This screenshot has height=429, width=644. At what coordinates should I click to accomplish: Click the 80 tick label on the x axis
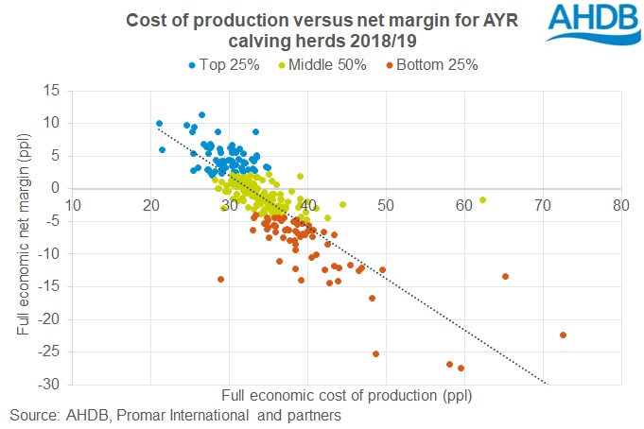click(620, 204)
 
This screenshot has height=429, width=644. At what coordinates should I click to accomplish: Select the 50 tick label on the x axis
click(386, 204)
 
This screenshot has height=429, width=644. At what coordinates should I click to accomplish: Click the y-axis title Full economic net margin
click(23, 239)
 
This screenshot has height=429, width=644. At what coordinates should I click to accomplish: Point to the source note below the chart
click(175, 415)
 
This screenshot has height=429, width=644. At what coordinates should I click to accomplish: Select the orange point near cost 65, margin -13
click(505, 277)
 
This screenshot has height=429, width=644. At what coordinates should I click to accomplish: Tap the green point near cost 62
click(482, 199)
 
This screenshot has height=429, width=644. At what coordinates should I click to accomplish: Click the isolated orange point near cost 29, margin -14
click(221, 279)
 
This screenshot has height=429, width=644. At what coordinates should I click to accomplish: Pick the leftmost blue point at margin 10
click(159, 123)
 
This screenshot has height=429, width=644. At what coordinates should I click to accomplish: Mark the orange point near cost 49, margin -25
click(375, 353)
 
